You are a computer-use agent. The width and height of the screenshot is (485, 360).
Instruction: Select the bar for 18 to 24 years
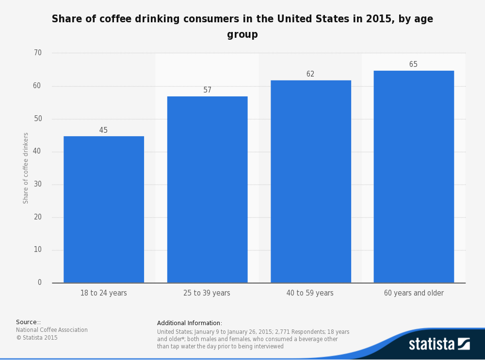click(x=104, y=209)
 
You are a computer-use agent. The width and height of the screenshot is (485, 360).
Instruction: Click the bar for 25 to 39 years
click(x=207, y=189)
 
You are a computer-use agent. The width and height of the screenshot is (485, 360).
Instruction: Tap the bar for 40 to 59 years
click(x=310, y=181)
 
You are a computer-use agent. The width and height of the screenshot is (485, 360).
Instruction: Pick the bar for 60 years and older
click(x=414, y=176)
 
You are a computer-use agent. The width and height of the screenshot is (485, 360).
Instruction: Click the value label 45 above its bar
click(x=103, y=130)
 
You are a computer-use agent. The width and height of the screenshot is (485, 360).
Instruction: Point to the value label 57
click(x=207, y=90)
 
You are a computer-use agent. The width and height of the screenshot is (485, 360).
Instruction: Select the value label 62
click(x=310, y=74)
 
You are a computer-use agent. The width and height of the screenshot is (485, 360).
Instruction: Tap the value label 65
click(x=413, y=64)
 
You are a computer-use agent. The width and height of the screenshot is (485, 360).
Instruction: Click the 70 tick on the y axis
click(x=37, y=53)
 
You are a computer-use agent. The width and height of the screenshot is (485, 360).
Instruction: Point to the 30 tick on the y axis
click(x=37, y=184)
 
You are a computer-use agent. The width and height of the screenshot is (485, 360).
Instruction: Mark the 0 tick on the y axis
click(x=40, y=282)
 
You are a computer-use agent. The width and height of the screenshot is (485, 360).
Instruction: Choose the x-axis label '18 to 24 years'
click(x=104, y=293)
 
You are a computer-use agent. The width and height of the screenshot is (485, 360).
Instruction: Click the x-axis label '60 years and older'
click(x=414, y=293)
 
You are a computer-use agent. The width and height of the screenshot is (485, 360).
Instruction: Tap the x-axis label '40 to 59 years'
click(x=310, y=293)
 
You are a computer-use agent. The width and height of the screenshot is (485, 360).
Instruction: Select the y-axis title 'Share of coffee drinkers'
click(x=26, y=168)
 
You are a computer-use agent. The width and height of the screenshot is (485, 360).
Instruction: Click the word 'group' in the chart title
click(x=242, y=35)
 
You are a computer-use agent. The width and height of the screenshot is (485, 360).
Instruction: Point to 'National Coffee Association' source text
click(x=52, y=330)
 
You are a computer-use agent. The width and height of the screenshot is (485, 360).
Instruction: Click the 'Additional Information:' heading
click(x=190, y=323)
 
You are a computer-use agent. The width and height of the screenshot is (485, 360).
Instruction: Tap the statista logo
click(x=439, y=344)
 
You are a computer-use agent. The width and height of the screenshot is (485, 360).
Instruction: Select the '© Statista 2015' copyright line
click(x=37, y=338)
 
